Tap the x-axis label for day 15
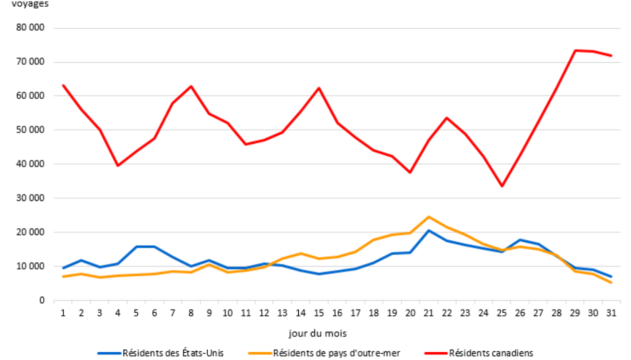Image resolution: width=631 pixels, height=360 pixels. click(319, 313)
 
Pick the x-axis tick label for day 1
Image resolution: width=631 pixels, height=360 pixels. click(63, 313)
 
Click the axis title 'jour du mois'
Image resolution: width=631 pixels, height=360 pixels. click(317, 334)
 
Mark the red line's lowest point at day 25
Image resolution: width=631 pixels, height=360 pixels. click(502, 186)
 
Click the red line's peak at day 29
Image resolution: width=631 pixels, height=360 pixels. click(575, 50)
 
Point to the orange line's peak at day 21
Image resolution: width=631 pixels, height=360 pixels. click(429, 217)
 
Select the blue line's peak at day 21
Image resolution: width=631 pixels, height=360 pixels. click(429, 230)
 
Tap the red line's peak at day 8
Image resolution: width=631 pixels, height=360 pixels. click(191, 87)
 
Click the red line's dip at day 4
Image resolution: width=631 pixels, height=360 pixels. click(118, 165)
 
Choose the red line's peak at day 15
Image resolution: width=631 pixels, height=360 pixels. click(319, 88)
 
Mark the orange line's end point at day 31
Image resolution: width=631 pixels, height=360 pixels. click(611, 282)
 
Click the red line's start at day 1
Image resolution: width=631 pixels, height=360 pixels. click(63, 86)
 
